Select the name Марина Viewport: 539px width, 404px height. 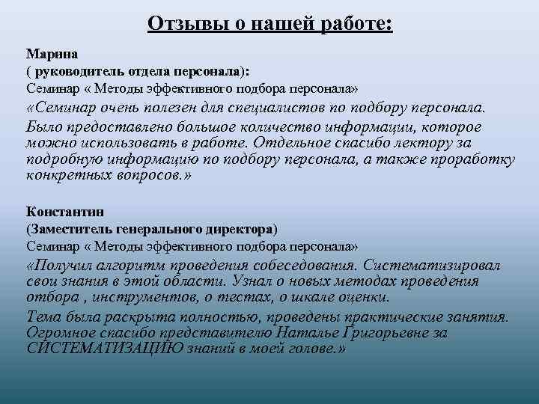[x=47, y=54]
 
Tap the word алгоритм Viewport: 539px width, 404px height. [x=122, y=266]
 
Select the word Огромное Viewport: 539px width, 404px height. [x=58, y=332]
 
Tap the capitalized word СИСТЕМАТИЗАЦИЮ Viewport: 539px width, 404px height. [x=94, y=349]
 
